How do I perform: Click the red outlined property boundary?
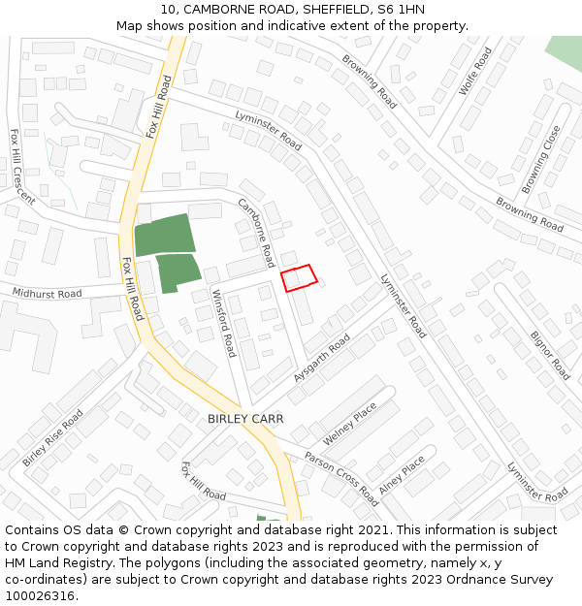pos(299,277)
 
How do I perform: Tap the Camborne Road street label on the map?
pos(256,233)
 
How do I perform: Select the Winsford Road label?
pos(224,323)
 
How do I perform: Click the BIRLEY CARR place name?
pos(245,419)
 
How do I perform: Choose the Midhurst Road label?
pos(47,293)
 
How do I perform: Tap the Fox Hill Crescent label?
pos(21,166)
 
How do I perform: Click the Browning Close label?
pos(541,159)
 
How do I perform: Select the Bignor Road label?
pos(550,355)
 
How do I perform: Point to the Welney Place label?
pos(349,424)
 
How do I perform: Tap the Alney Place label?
pos(402,476)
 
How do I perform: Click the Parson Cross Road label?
pos(341,478)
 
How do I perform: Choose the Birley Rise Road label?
pos(52,437)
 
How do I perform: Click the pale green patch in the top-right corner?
pos(566,53)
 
